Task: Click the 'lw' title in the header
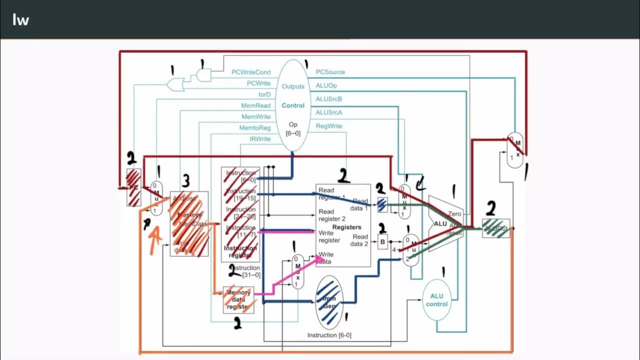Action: pos(20,20)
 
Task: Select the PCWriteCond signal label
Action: pos(250,72)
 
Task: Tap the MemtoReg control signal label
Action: pos(255,128)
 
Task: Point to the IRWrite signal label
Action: pos(259,139)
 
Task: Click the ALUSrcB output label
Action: pos(329,99)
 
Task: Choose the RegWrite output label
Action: pos(329,126)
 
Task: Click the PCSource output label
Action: pos(330,72)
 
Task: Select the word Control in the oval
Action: pos(293,105)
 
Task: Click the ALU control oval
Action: pos(436,300)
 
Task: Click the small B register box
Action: pos(383,242)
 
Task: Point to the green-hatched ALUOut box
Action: pos(496,228)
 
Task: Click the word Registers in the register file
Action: pos(346,227)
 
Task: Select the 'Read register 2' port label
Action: pos(332,215)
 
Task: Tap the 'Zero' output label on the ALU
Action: pos(454,214)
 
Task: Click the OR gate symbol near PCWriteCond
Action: pos(175,84)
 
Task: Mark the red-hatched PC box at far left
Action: pos(133,187)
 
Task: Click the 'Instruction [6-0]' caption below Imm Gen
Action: pos(329,335)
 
